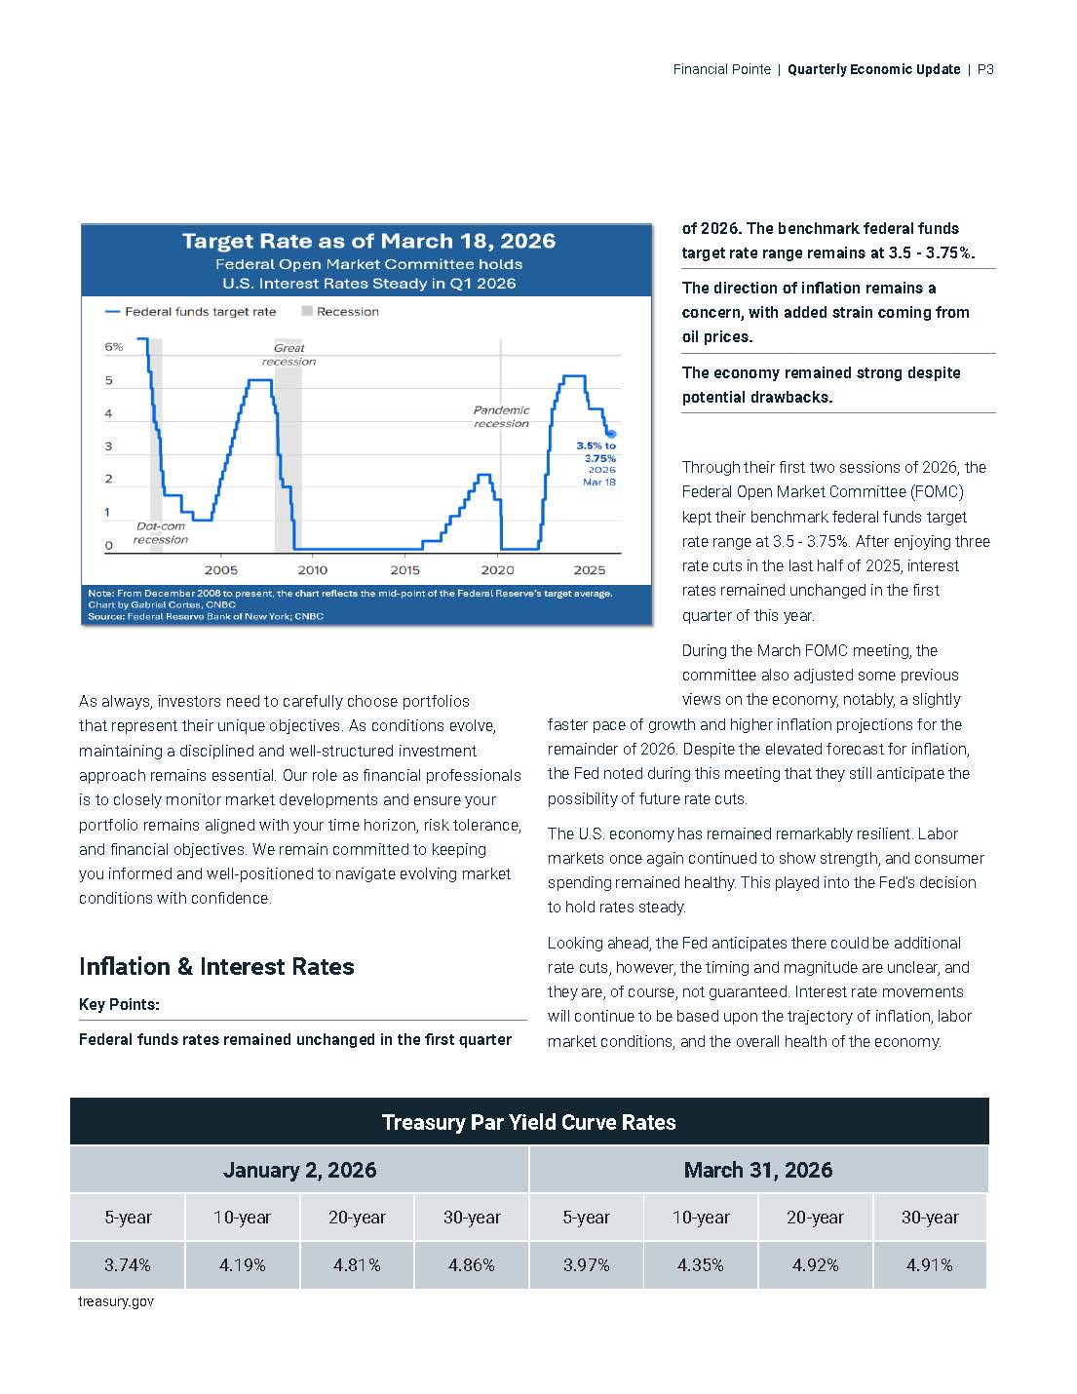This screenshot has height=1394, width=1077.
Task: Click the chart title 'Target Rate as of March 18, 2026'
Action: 368,241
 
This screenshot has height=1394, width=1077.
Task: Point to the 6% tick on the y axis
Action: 114,347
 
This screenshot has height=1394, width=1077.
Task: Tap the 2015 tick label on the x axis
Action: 405,570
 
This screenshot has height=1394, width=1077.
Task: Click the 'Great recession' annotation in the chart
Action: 288,355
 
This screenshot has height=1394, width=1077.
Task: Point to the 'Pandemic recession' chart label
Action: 501,417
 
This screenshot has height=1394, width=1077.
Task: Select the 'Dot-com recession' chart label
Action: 161,533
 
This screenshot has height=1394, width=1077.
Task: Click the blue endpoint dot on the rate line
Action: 611,434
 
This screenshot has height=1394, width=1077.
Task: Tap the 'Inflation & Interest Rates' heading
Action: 216,967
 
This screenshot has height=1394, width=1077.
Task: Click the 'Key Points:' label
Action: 119,1005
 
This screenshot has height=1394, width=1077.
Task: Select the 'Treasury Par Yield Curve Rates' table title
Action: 528,1122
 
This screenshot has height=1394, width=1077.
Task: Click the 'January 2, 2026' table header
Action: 299,1170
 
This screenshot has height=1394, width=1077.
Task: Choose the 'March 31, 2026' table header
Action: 758,1170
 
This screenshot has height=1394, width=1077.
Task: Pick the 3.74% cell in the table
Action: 128,1265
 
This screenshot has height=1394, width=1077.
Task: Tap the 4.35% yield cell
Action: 701,1265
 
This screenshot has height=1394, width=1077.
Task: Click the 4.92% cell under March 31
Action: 815,1265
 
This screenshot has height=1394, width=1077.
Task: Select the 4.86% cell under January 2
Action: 472,1265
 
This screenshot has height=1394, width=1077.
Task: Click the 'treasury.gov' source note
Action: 116,1301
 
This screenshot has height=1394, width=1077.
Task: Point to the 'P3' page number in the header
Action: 984,69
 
